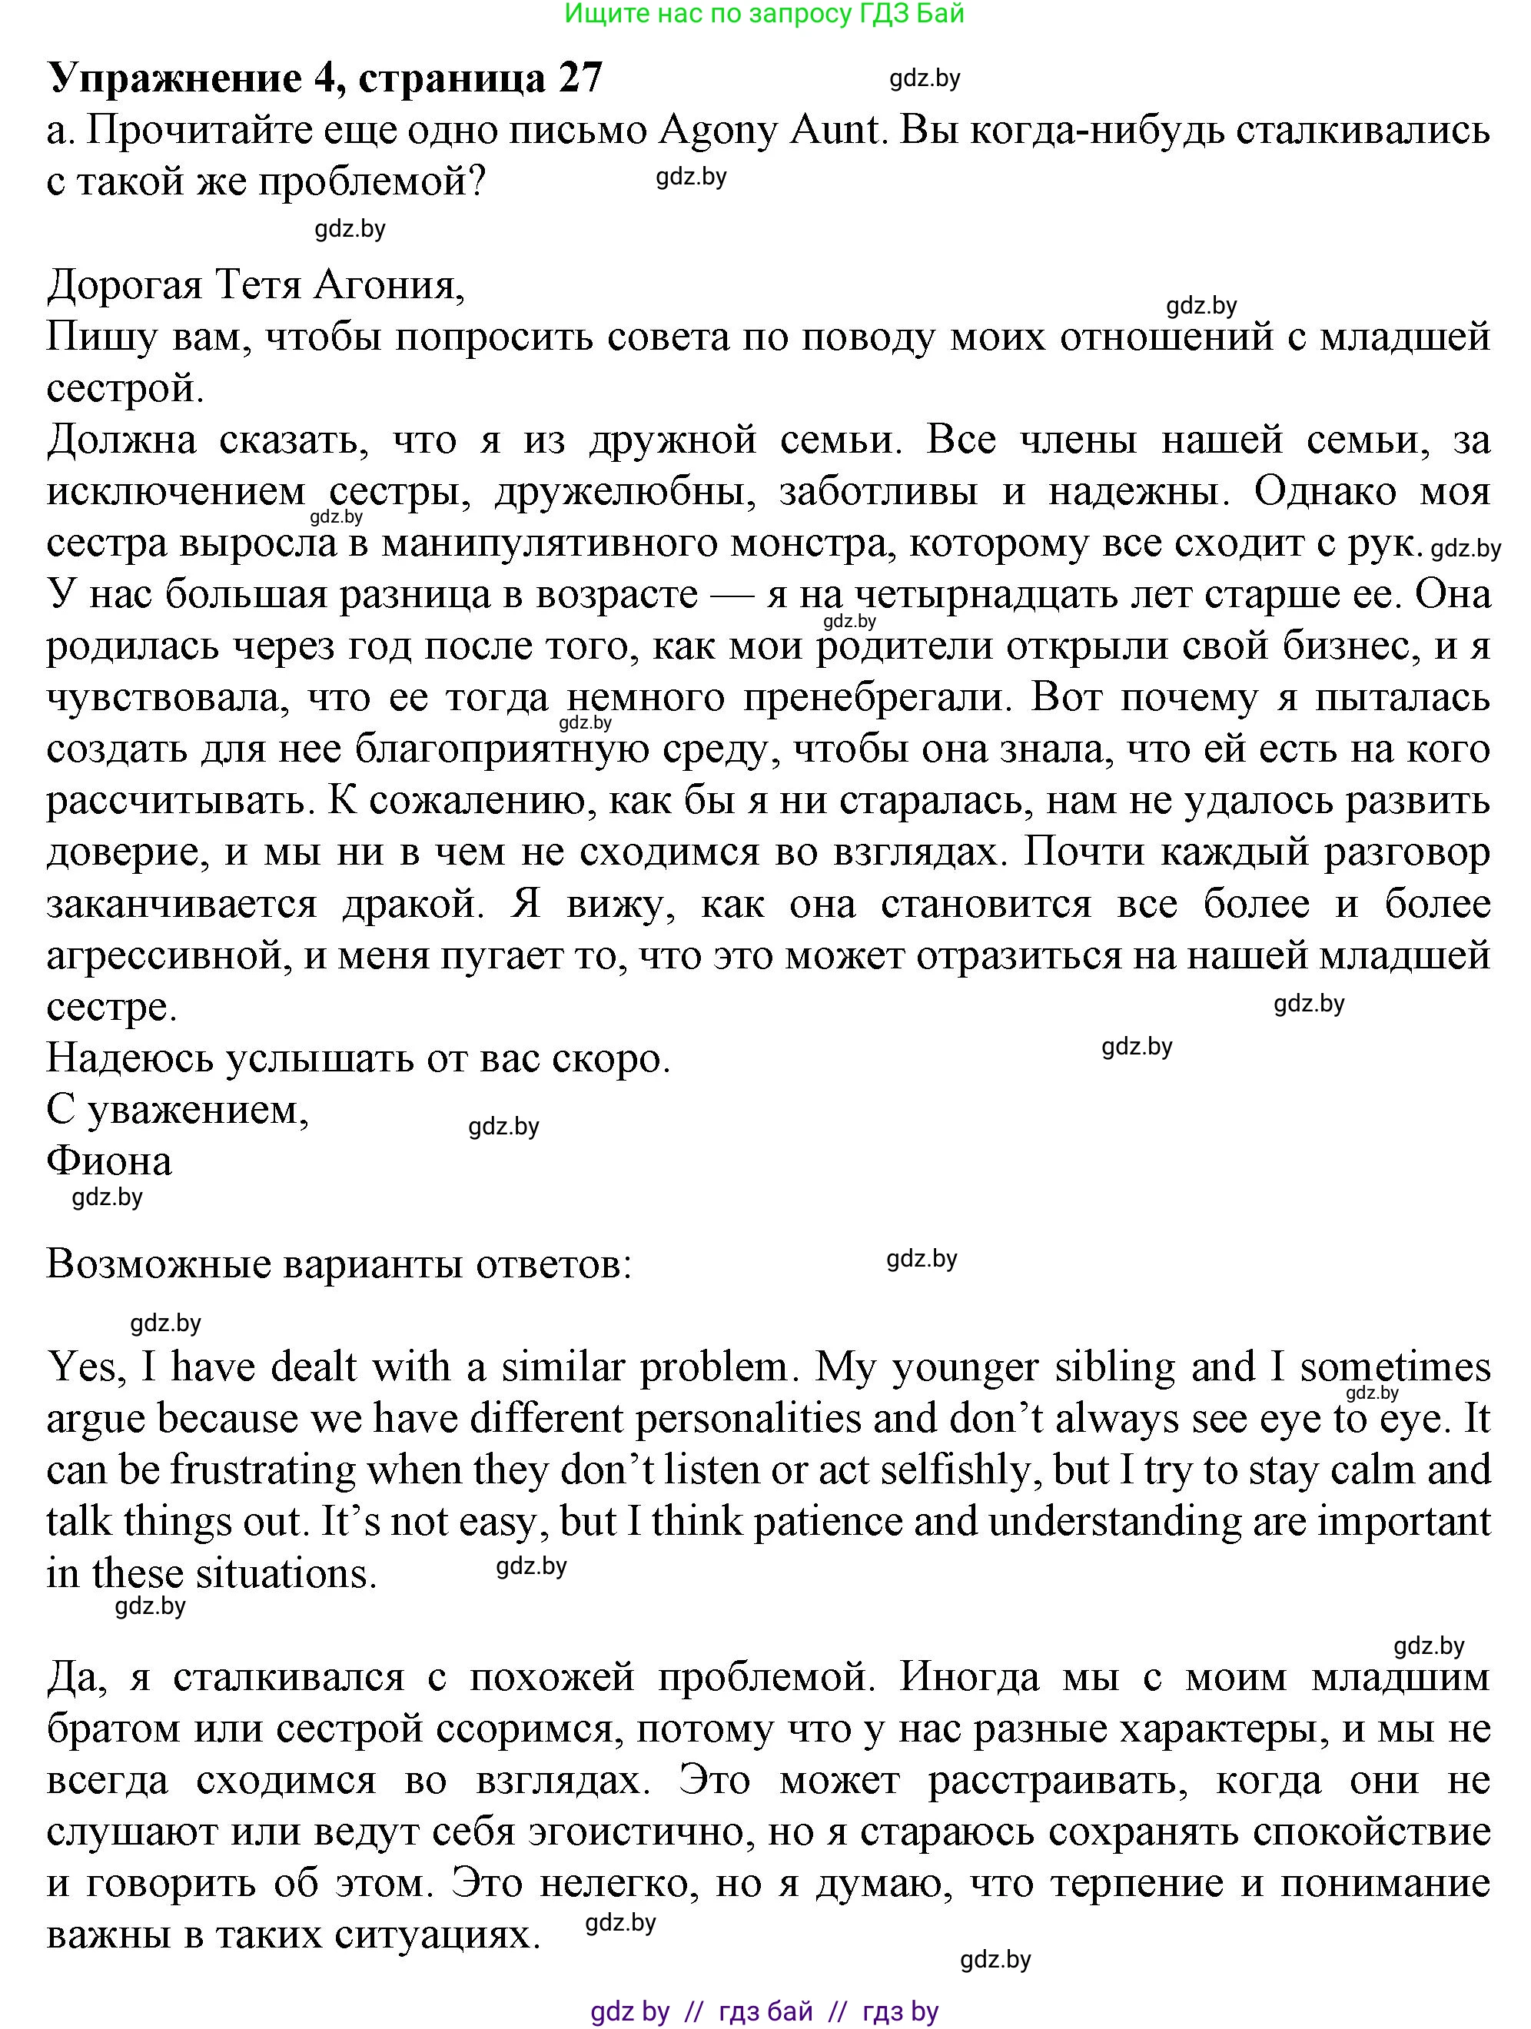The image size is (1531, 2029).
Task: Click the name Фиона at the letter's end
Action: point(109,1161)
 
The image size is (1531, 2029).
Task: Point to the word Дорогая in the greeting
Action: point(124,285)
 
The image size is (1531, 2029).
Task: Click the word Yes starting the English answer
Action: point(81,1367)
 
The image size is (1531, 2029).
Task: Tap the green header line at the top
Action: point(764,14)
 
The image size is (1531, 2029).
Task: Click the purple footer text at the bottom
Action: point(764,2011)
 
